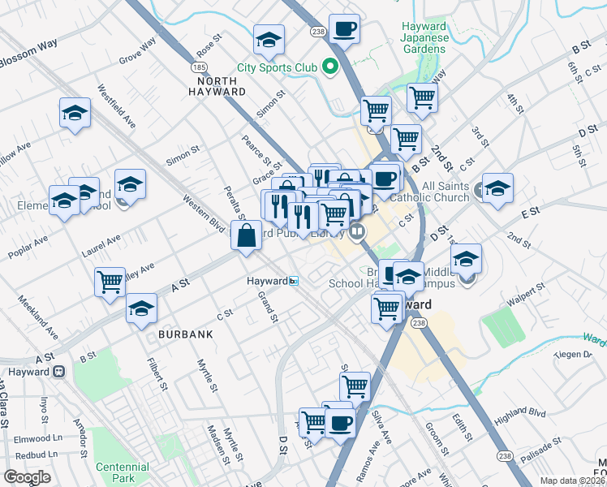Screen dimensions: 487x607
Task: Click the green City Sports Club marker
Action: point(330,67)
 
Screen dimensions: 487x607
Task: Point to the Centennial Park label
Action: point(122,472)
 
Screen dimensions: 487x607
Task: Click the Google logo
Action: point(27,477)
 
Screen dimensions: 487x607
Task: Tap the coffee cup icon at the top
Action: point(345,29)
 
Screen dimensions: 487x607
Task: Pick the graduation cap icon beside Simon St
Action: point(269,39)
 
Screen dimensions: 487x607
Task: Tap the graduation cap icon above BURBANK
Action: point(141,308)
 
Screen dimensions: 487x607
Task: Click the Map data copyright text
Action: point(573,481)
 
